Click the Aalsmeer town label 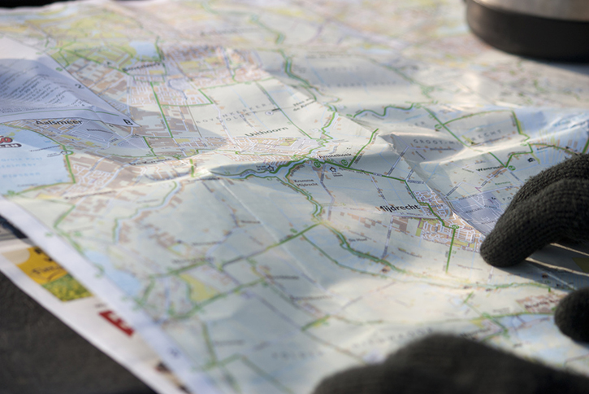click(x=58, y=121)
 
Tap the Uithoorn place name click(x=266, y=131)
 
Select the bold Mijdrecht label click(x=399, y=208)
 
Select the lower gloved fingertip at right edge click(x=572, y=318)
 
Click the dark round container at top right click(x=528, y=28)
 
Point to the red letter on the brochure click(x=116, y=322)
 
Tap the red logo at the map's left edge click(x=6, y=141)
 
